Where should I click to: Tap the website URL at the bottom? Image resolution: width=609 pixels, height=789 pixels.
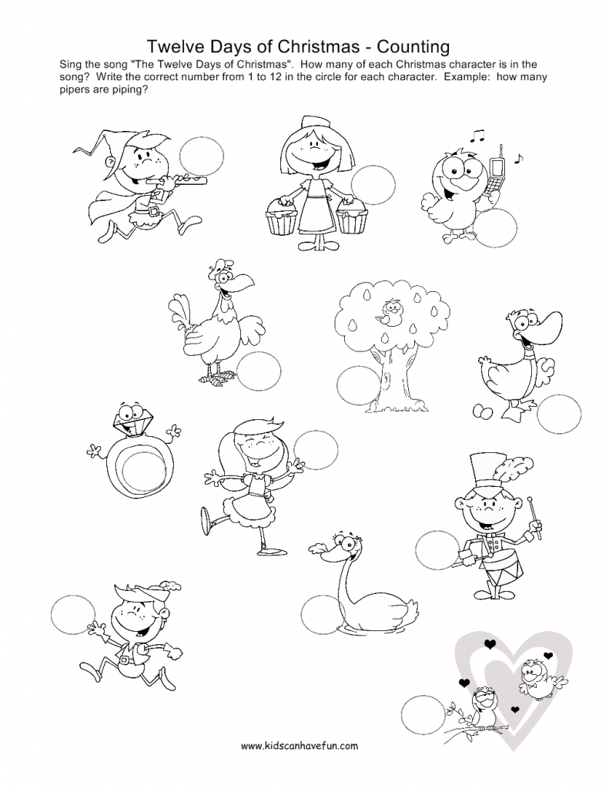tap(299, 746)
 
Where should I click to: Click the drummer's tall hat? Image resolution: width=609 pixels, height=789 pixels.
tap(493, 473)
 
